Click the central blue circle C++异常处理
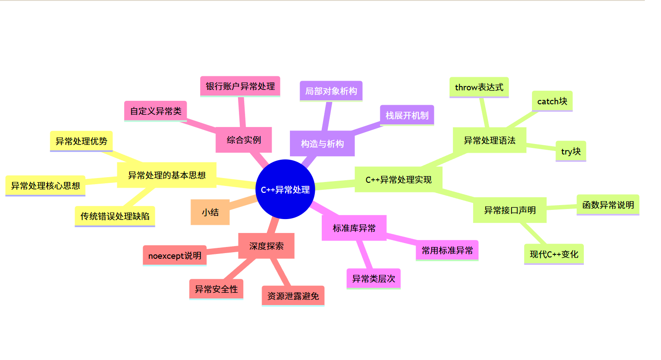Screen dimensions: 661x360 click(x=285, y=189)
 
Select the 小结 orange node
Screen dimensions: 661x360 click(x=210, y=213)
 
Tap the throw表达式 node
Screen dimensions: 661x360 click(x=479, y=87)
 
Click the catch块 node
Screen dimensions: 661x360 click(x=552, y=101)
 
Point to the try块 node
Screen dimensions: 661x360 click(x=571, y=151)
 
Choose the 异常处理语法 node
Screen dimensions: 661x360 click(x=489, y=140)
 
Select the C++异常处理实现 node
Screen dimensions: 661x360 click(x=399, y=179)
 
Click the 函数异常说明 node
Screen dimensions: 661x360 click(x=608, y=205)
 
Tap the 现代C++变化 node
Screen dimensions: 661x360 click(x=554, y=254)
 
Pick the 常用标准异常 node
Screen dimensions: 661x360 click(x=447, y=250)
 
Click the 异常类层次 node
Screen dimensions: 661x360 click(x=373, y=278)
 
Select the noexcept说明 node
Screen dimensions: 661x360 click(x=174, y=256)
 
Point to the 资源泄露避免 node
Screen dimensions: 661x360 click(x=293, y=296)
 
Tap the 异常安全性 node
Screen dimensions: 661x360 click(x=216, y=289)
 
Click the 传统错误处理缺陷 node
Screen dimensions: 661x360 click(x=115, y=216)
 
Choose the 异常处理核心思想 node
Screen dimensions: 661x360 click(x=45, y=186)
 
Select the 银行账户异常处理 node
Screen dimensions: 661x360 click(x=240, y=86)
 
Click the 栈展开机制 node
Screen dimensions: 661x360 click(x=407, y=116)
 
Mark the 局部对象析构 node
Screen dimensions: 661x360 click(x=331, y=91)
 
